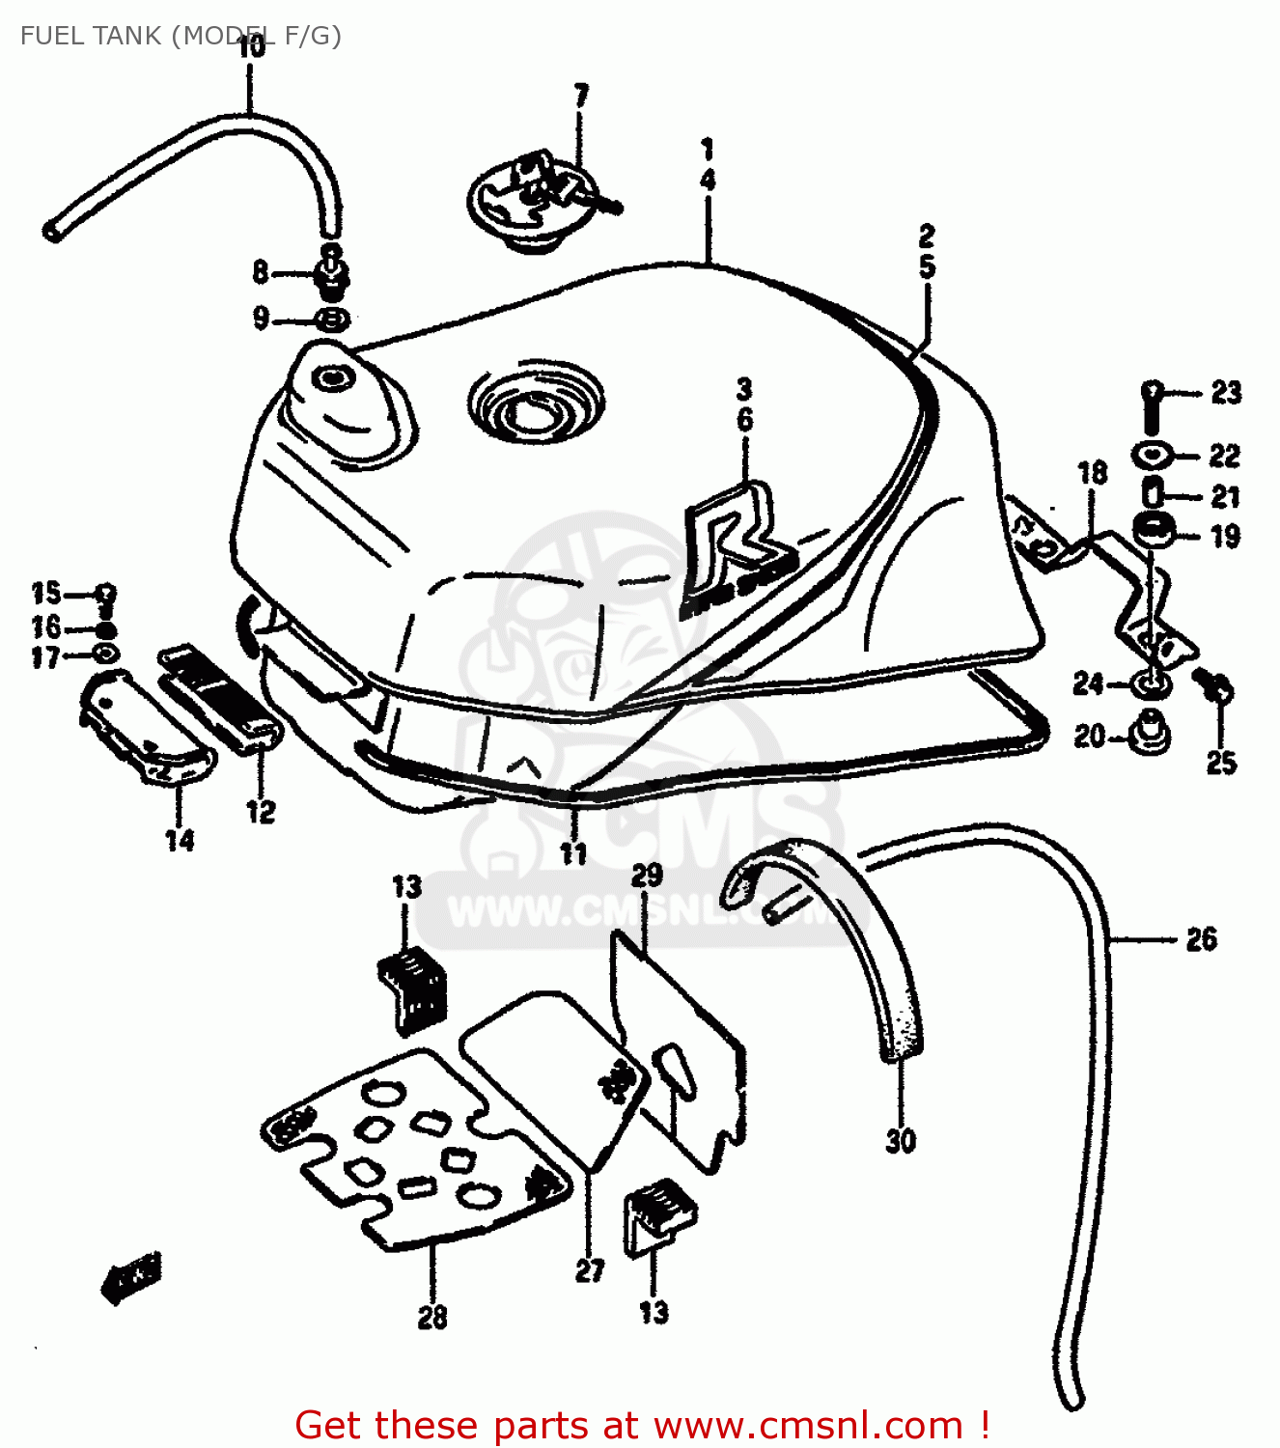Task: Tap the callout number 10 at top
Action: coord(250,46)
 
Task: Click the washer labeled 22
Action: coord(1152,454)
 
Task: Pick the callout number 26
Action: coord(1201,939)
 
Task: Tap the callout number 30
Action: coord(900,1141)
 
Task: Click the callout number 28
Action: coord(432,1317)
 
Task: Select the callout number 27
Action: coord(590,1270)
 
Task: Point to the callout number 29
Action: coord(647,876)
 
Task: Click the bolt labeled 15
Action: coord(106,592)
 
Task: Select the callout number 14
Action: coord(180,841)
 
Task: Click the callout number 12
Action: coord(261,812)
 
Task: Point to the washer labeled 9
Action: coord(331,319)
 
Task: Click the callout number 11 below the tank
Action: coord(573,853)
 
